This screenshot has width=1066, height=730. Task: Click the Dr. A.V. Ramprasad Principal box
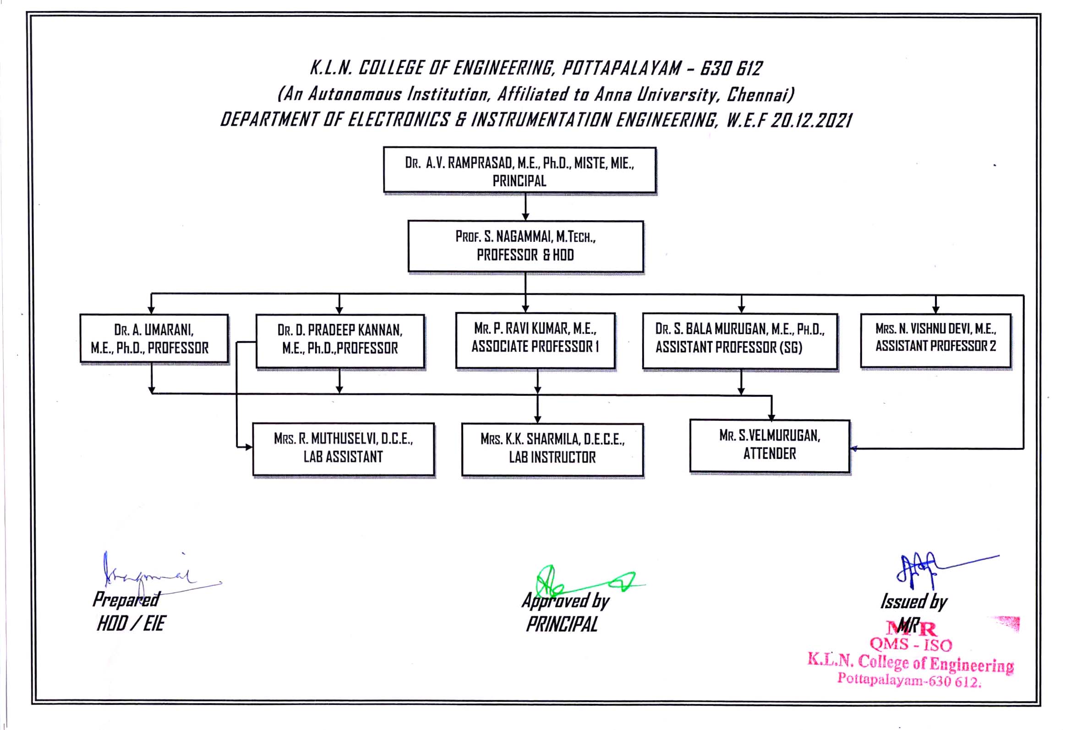519,170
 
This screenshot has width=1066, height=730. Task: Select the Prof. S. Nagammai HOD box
525,247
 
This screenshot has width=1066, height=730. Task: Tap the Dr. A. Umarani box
154,339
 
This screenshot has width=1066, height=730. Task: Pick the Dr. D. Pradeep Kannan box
340,341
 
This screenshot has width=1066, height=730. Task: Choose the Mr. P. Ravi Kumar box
536,341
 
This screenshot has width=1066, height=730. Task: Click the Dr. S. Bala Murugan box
740,341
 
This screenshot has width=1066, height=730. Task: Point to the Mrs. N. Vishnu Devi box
936,341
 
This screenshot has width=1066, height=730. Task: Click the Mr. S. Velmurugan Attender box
770,446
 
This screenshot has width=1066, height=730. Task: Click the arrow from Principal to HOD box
525,207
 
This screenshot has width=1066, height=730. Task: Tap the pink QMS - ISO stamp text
911,645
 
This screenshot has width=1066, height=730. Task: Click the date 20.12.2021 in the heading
811,120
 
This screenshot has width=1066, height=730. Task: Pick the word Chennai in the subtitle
760,94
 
